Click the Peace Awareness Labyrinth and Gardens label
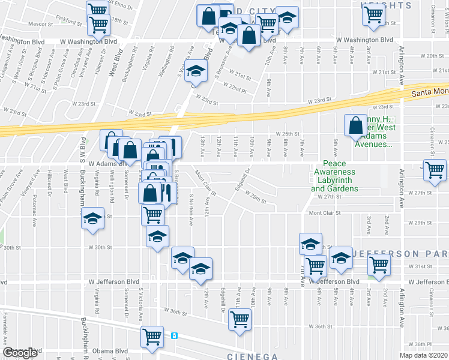coord(334,176)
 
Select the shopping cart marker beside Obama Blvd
coord(152,336)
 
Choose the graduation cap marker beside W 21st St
coord(196,71)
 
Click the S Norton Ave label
coord(191,209)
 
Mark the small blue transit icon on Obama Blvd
coord(174,335)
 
